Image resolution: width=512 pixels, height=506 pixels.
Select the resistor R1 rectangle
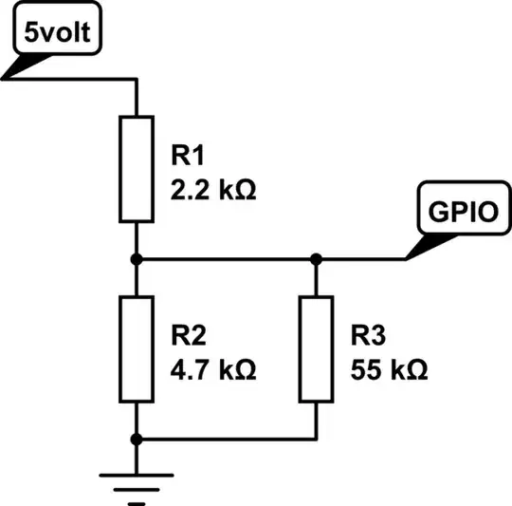point(137,169)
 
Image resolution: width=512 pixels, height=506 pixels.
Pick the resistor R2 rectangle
point(137,348)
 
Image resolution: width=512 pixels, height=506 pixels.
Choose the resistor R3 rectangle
point(316,348)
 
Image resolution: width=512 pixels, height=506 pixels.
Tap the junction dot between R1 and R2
point(137,258)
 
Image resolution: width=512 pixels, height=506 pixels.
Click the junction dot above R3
point(316,258)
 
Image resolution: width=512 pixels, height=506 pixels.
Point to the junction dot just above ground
point(137,439)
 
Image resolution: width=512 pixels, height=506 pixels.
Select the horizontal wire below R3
point(228,439)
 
